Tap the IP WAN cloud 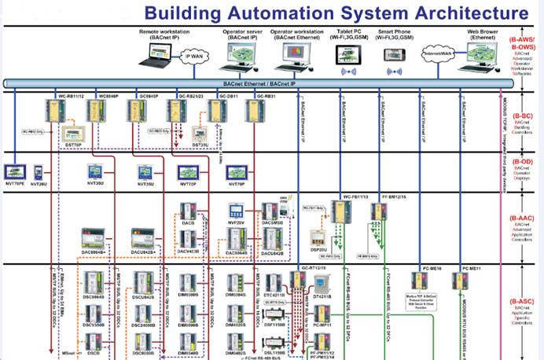point(193,56)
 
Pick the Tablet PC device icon point(347,54)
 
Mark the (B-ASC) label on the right point(522,301)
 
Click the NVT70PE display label point(15,183)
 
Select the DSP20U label point(318,249)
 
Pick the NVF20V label point(237,222)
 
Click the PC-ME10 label point(432,269)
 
